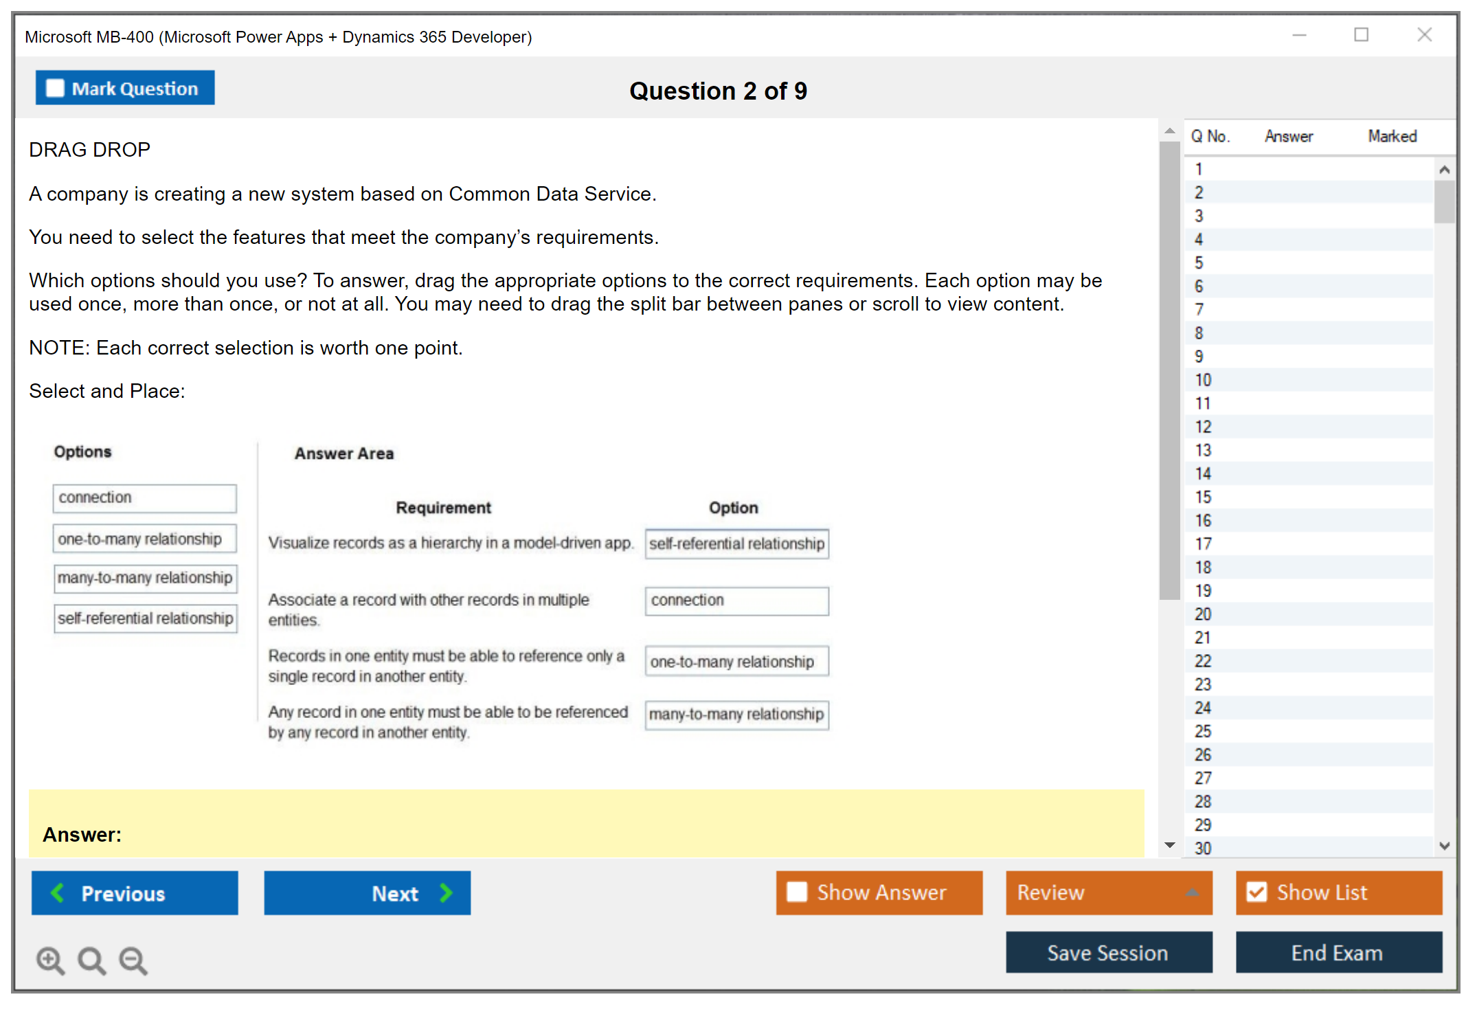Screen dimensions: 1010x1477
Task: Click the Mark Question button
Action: click(x=125, y=88)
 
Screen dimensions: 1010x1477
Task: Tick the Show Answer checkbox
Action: click(x=797, y=892)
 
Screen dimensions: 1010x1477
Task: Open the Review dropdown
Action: click(x=1108, y=893)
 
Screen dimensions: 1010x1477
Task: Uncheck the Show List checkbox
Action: click(x=1256, y=892)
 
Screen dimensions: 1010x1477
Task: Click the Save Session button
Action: click(x=1108, y=952)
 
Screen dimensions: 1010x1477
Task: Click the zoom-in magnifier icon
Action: click(x=50, y=960)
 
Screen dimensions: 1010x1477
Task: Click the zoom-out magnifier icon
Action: click(x=133, y=960)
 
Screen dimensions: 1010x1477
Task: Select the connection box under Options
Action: click(x=144, y=498)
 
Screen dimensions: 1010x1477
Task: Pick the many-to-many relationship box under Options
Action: click(x=145, y=578)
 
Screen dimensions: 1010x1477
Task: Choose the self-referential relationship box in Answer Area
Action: click(x=736, y=543)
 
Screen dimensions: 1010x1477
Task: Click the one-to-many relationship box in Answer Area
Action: click(x=736, y=662)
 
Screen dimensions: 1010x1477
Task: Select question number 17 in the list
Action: click(x=1203, y=544)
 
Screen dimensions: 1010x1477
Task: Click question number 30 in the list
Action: click(x=1203, y=849)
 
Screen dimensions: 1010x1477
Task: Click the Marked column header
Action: click(x=1392, y=136)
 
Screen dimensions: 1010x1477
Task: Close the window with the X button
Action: click(x=1424, y=35)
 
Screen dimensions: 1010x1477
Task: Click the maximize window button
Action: click(x=1361, y=35)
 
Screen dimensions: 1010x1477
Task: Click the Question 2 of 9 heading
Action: click(x=718, y=91)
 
